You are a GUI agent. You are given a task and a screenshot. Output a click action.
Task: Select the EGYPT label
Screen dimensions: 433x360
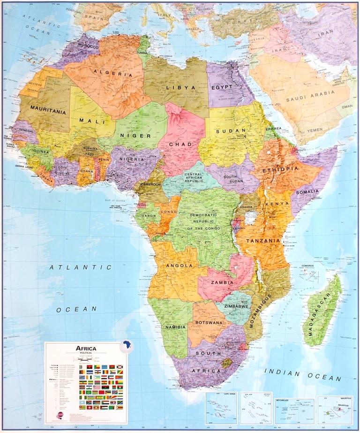click(x=222, y=87)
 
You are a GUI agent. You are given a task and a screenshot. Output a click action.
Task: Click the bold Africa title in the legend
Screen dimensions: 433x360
click(x=82, y=348)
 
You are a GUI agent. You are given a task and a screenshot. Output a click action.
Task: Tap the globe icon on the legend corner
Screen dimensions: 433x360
click(x=126, y=347)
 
